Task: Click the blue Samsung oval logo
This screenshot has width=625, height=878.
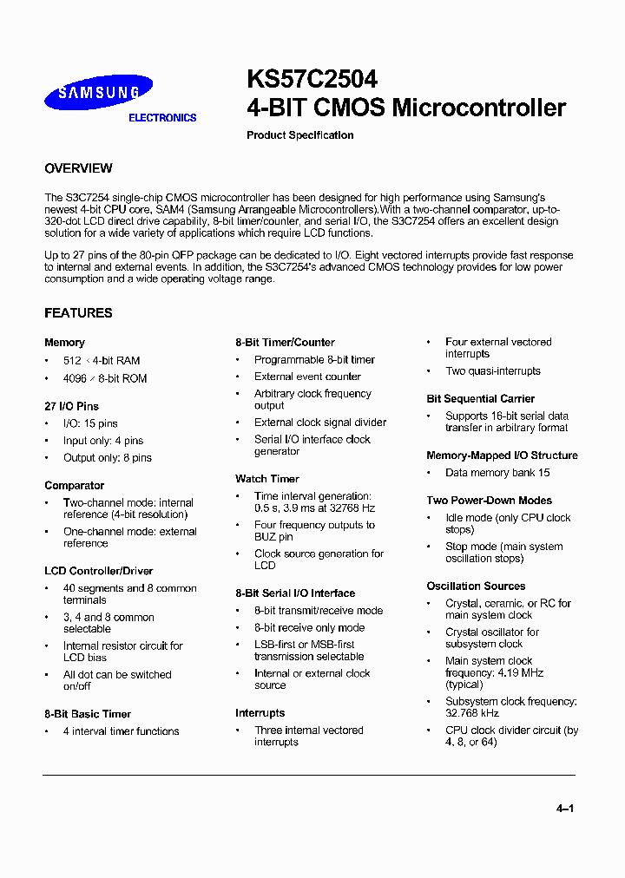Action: pyautogui.click(x=98, y=92)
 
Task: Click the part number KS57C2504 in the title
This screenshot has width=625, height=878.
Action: pyautogui.click(x=312, y=79)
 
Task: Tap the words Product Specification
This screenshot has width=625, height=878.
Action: pyautogui.click(x=299, y=135)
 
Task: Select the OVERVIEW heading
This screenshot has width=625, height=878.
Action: pyautogui.click(x=78, y=168)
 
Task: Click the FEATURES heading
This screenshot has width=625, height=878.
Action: pyautogui.click(x=78, y=313)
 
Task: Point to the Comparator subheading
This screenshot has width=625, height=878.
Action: pyautogui.click(x=75, y=486)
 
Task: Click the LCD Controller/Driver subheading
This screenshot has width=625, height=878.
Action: pyautogui.click(x=98, y=571)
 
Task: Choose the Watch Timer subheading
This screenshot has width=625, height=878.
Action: pyautogui.click(x=267, y=479)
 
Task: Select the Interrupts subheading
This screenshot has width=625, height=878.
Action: pyautogui.click(x=260, y=713)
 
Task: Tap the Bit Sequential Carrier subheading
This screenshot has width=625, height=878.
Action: pyautogui.click(x=480, y=399)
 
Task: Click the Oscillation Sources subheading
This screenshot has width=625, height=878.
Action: pyautogui.click(x=476, y=586)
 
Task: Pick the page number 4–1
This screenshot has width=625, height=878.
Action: pyautogui.click(x=565, y=809)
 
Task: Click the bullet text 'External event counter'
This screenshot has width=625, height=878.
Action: pyautogui.click(x=307, y=377)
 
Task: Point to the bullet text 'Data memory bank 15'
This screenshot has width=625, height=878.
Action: pyautogui.click(x=497, y=473)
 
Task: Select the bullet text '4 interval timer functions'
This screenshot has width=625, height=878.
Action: pyautogui.click(x=122, y=731)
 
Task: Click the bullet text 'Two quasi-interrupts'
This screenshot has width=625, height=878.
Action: pyautogui.click(x=493, y=371)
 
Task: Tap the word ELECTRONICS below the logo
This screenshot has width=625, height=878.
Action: pyautogui.click(x=162, y=118)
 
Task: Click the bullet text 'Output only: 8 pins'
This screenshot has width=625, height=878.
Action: pyautogui.click(x=108, y=458)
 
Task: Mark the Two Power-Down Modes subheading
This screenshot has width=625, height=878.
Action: pyautogui.click(x=489, y=501)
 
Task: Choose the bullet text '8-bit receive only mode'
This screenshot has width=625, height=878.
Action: pyautogui.click(x=309, y=628)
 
